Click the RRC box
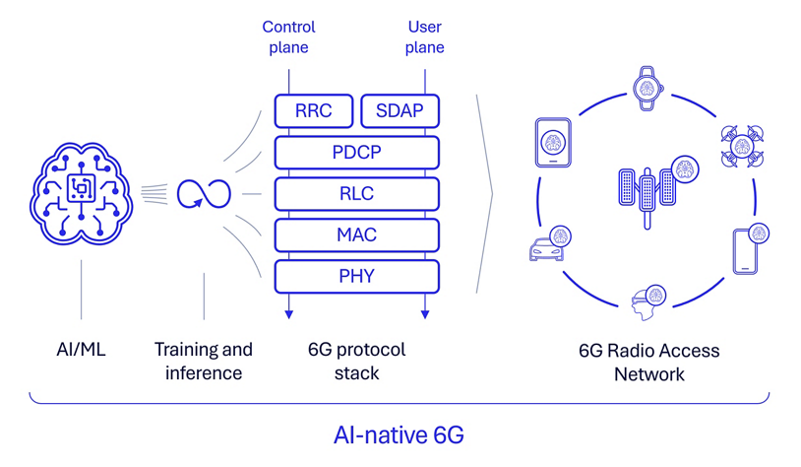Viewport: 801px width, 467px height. click(313, 111)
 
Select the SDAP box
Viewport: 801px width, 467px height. click(400, 111)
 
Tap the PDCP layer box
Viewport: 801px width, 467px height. click(356, 153)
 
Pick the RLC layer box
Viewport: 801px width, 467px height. click(356, 194)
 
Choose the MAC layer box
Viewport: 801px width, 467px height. click(356, 235)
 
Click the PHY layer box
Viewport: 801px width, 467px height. click(356, 277)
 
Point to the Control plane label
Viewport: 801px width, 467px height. click(288, 37)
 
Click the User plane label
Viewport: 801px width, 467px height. click(424, 37)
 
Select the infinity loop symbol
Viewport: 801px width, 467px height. click(204, 193)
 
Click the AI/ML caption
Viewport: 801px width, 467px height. click(81, 350)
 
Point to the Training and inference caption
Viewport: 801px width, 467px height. click(204, 361)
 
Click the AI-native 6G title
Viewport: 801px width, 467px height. click(399, 434)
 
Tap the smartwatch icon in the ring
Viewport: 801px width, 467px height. click(647, 88)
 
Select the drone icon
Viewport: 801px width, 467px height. click(742, 147)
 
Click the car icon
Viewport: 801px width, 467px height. click(549, 246)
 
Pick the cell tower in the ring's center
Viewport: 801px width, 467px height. click(647, 192)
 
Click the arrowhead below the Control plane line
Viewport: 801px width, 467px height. click(288, 314)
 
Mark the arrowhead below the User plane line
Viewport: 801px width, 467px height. click(425, 314)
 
